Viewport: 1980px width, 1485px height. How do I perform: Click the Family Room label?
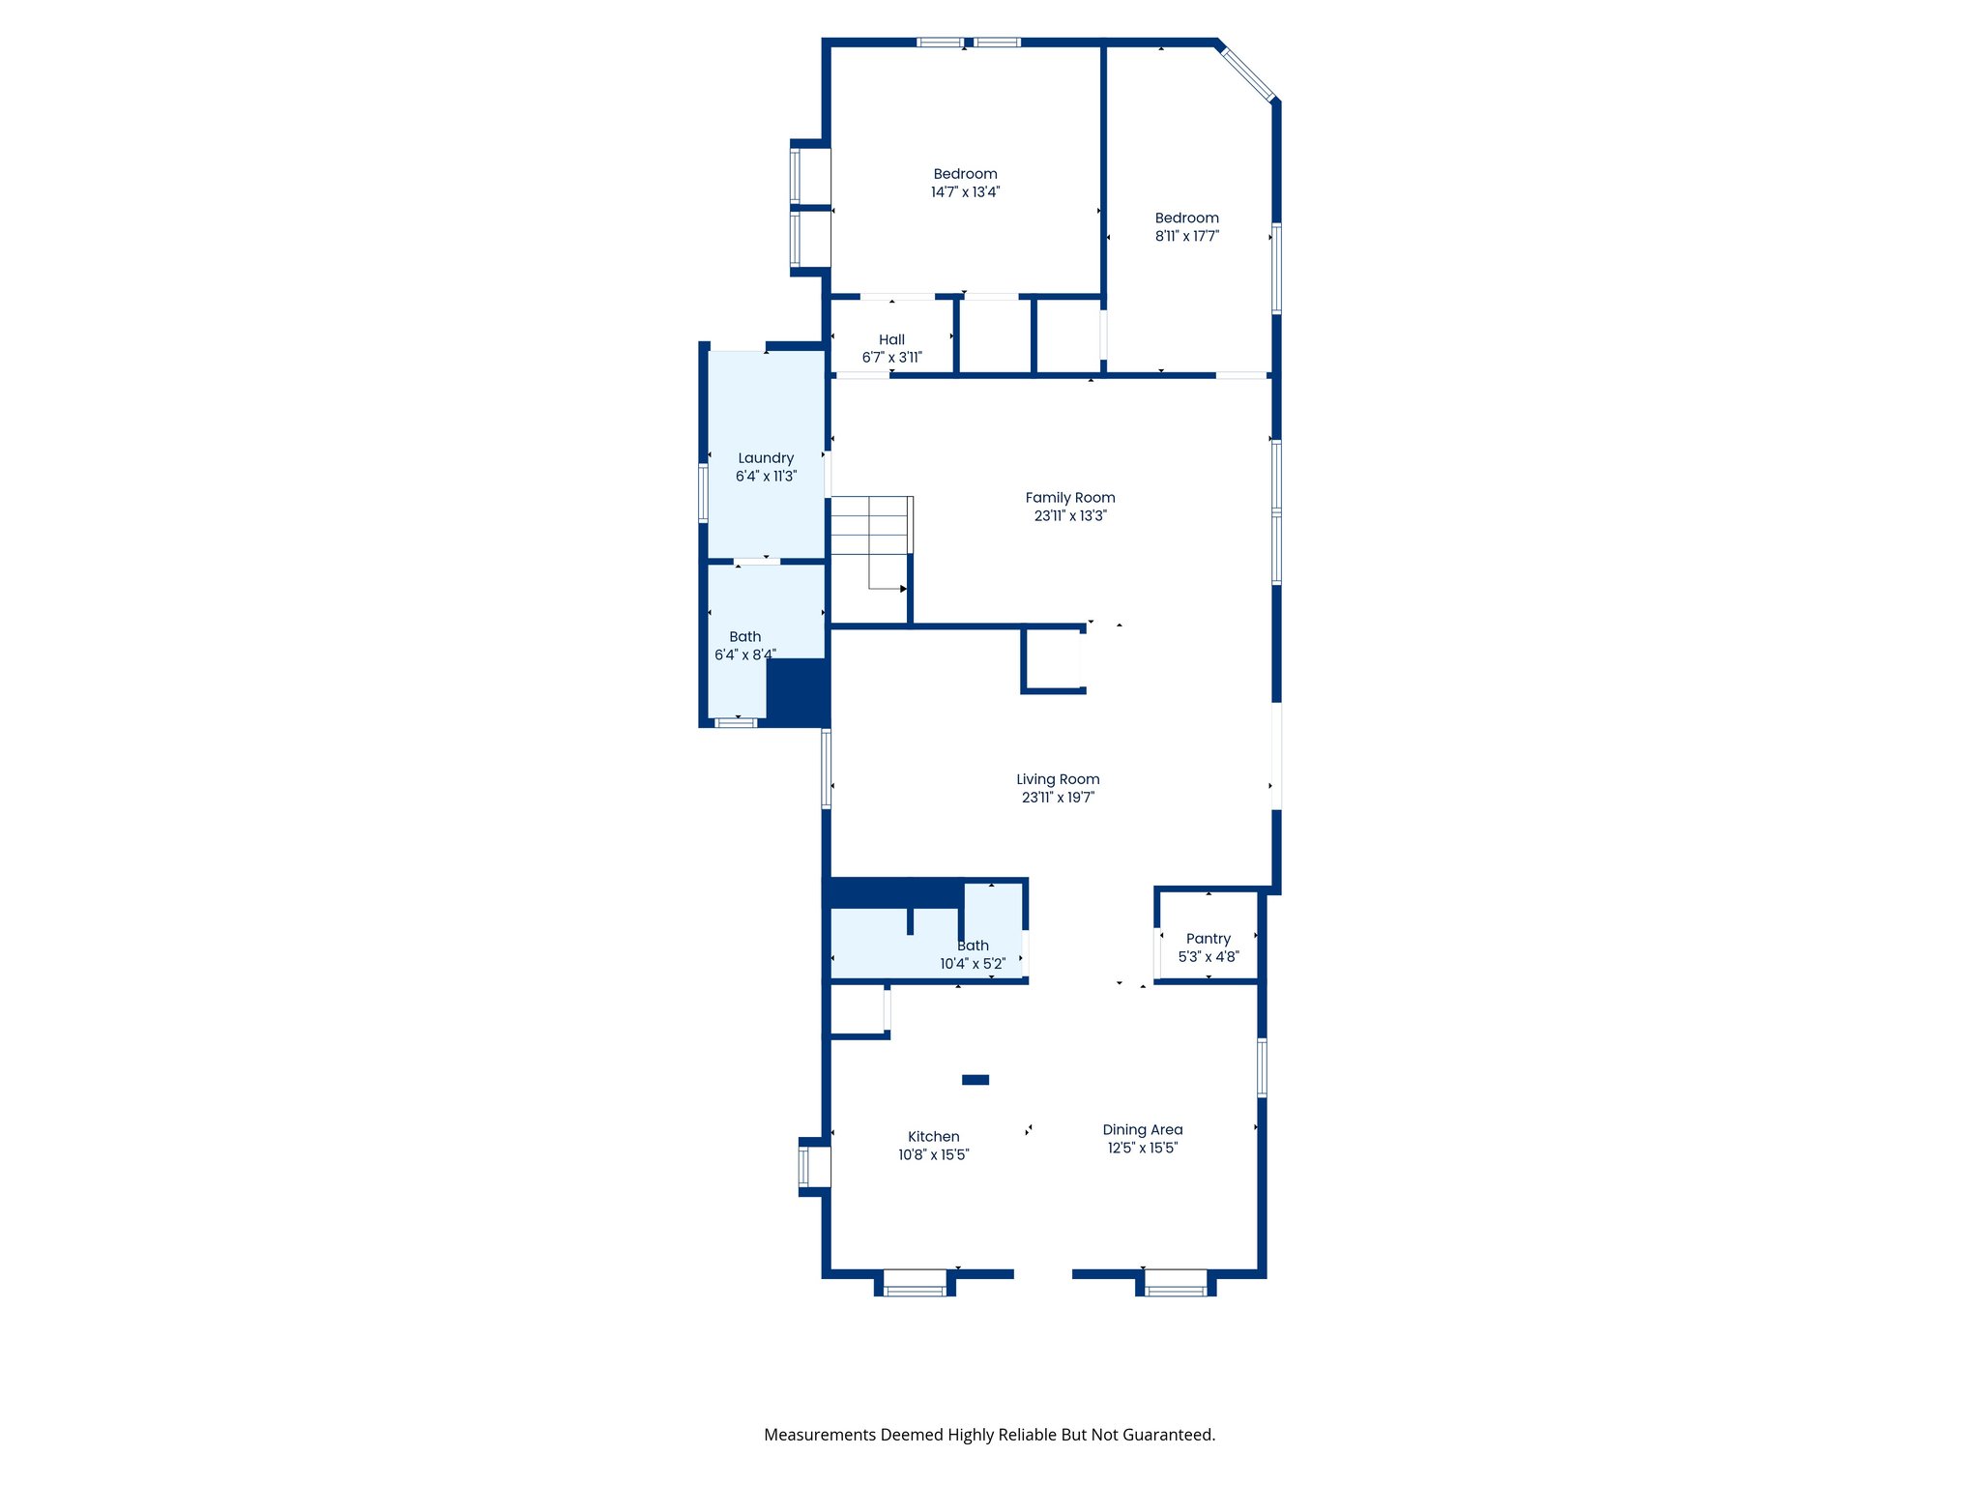point(1069,498)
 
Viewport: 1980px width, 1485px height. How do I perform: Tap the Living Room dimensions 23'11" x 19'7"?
point(1058,798)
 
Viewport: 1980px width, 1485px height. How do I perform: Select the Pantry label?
point(1208,939)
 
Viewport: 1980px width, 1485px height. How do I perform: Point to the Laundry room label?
point(766,458)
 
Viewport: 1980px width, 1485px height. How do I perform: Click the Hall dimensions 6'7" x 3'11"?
point(891,358)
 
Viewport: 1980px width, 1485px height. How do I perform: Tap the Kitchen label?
point(933,1137)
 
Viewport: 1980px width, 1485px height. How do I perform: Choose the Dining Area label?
point(1142,1130)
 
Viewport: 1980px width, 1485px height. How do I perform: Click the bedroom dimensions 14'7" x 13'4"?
point(965,192)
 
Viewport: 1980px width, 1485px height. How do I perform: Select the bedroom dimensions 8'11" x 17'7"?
point(1186,236)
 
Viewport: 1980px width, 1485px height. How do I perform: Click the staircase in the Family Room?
point(870,541)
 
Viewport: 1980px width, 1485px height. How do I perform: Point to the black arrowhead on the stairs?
point(904,589)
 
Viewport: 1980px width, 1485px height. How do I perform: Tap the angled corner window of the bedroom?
point(1248,71)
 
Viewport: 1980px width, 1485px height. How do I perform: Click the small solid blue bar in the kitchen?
point(975,1080)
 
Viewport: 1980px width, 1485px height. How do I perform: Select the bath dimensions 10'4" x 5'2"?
point(973,964)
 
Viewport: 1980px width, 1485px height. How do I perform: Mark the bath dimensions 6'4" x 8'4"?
point(744,655)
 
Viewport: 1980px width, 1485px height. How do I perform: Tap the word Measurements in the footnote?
point(819,1435)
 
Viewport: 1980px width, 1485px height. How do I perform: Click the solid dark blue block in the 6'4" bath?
point(798,691)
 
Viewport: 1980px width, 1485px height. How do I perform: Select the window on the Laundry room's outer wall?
point(704,493)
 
